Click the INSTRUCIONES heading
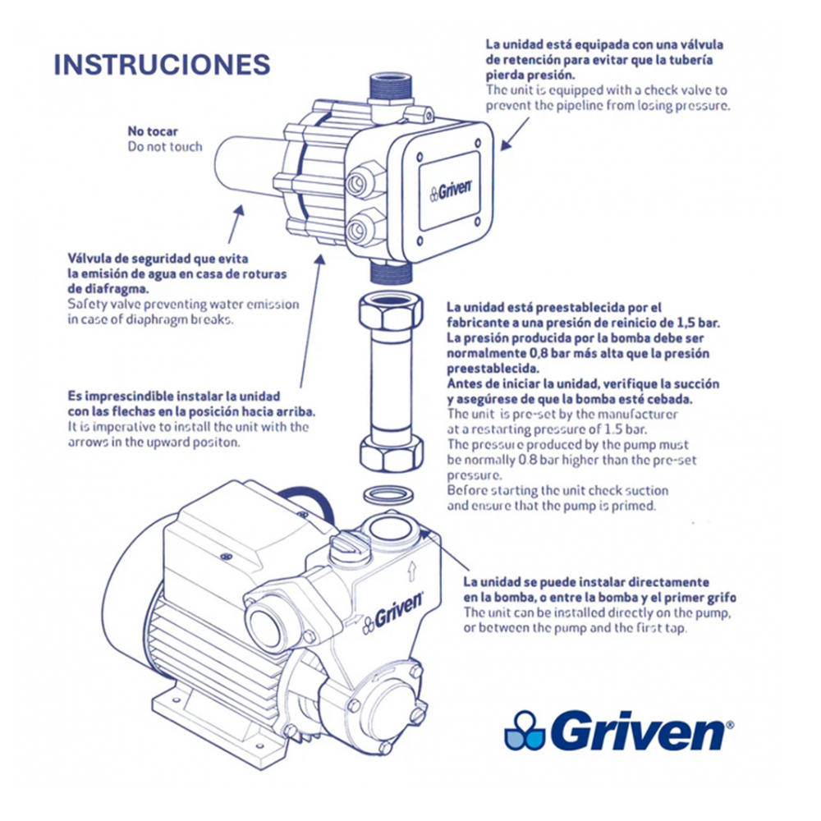pyautogui.click(x=162, y=65)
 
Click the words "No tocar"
pyautogui.click(x=153, y=131)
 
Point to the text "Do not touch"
pyautogui.click(x=164, y=147)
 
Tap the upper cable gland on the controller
pyautogui.click(x=360, y=181)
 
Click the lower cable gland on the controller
pyautogui.click(x=361, y=229)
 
